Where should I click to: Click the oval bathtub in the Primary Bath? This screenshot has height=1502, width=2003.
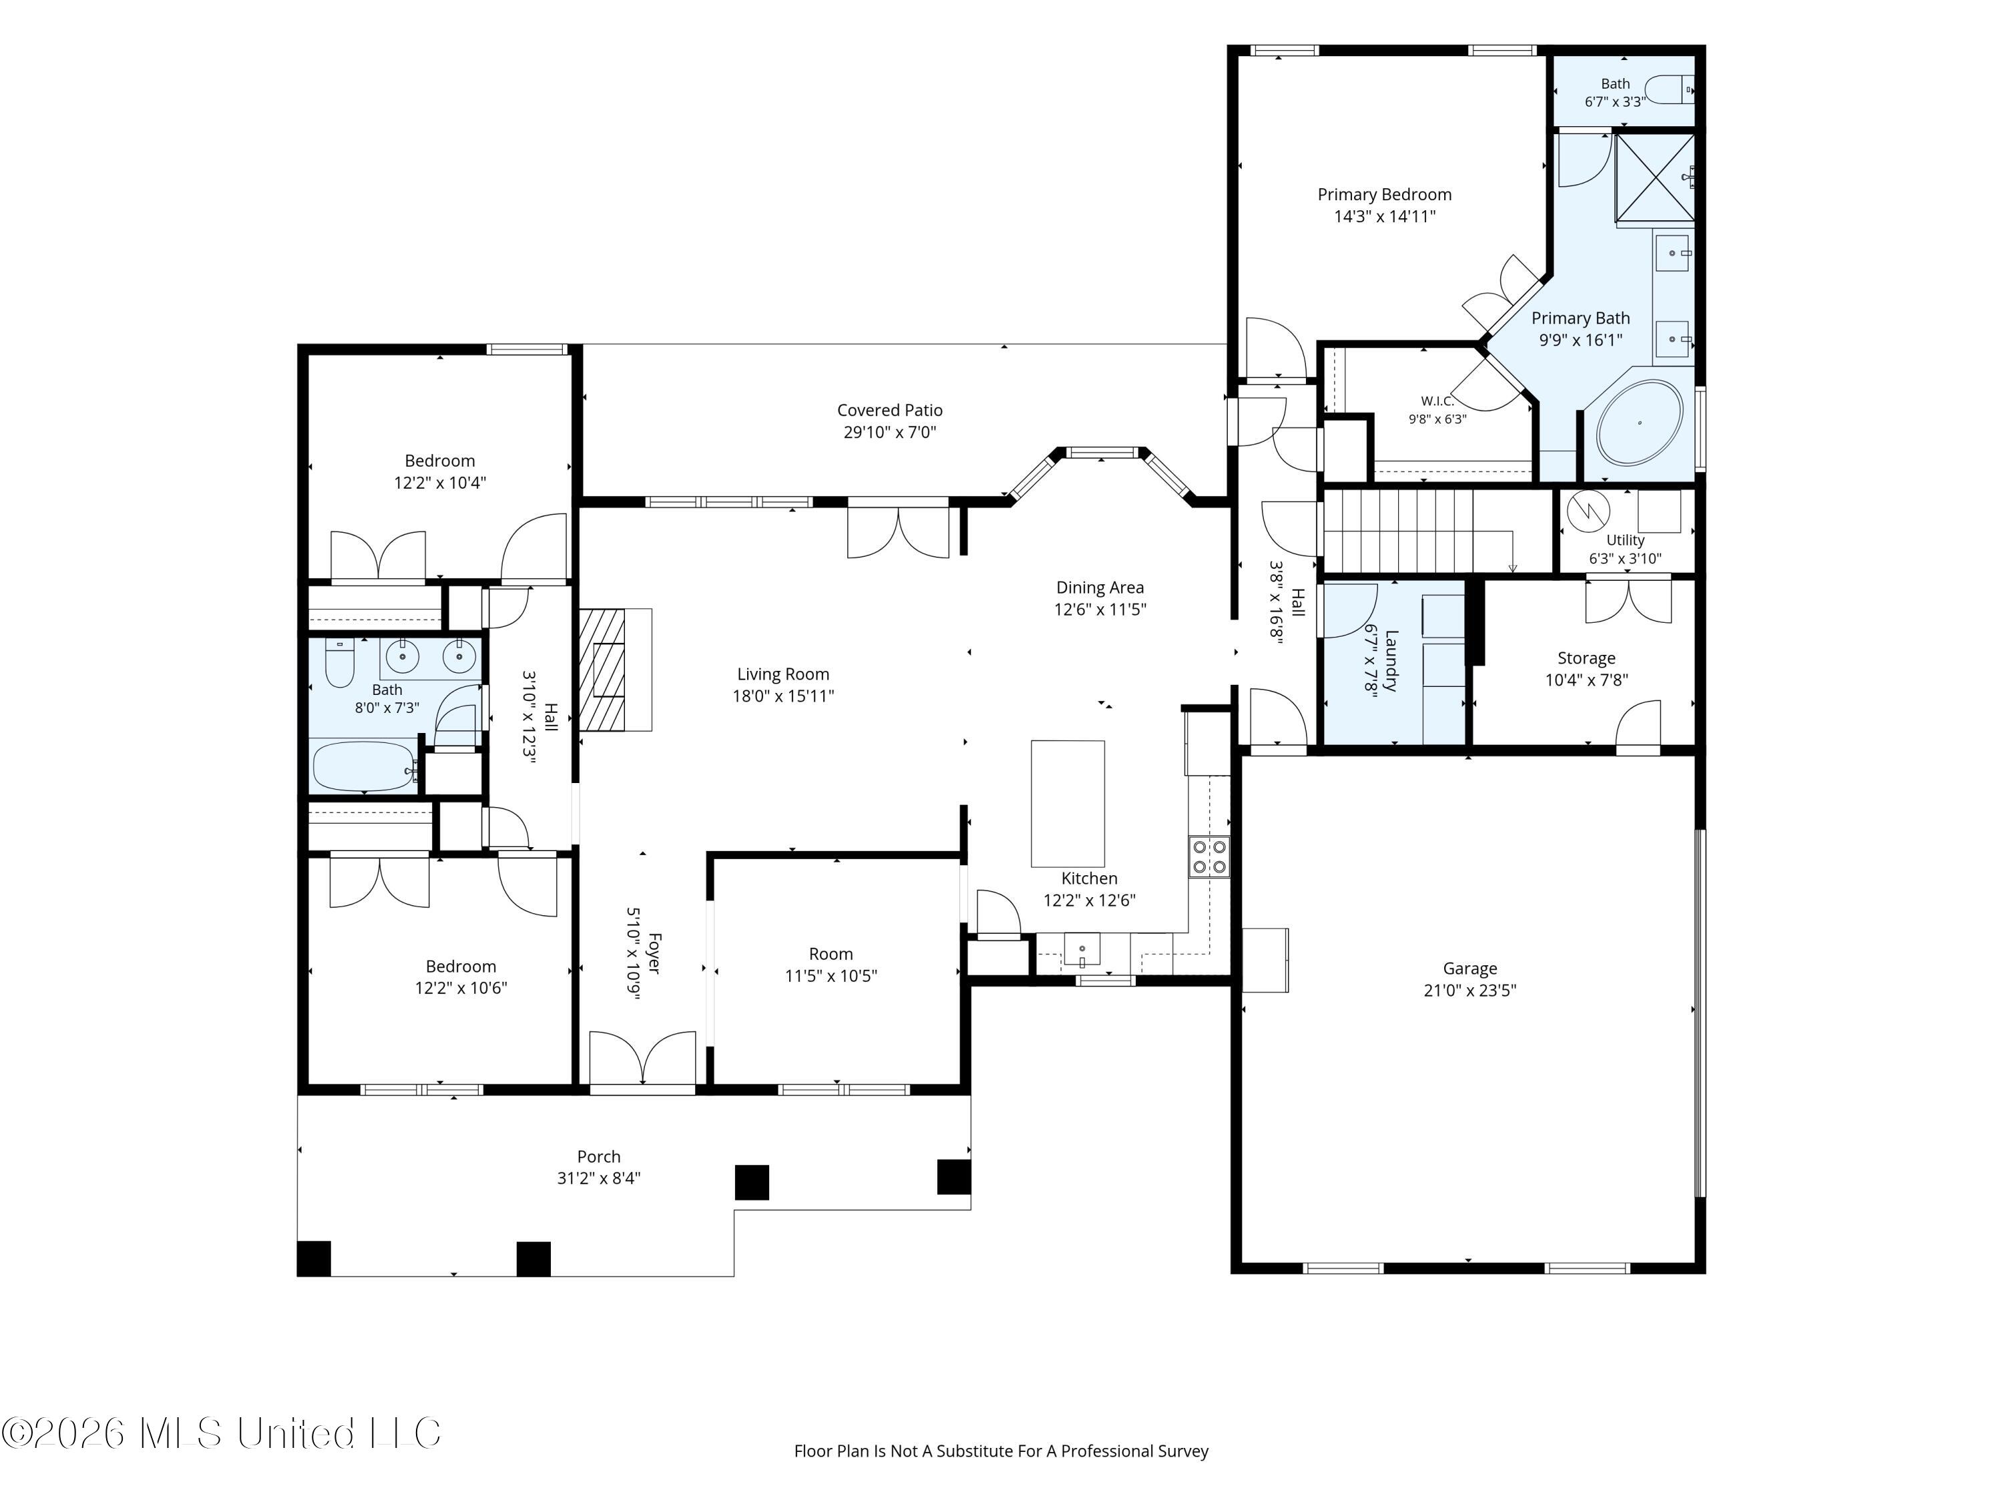[x=1639, y=423]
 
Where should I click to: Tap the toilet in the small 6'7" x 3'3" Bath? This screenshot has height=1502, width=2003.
[x=1669, y=89]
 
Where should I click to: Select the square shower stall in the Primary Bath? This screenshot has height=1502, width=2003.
[x=1655, y=178]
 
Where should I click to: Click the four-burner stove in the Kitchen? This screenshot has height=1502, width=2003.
[x=1210, y=856]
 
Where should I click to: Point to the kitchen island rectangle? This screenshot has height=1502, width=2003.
[x=1068, y=803]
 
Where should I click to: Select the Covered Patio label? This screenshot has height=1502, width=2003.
[x=889, y=410]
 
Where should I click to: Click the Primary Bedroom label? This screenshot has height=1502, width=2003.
[x=1385, y=195]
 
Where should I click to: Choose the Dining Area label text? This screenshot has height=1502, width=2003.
[x=1100, y=587]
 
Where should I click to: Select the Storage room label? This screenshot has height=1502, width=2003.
[x=1586, y=658]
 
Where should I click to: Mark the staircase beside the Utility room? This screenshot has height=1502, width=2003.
[x=1436, y=531]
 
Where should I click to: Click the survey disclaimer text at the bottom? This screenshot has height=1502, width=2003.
[x=1001, y=1451]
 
